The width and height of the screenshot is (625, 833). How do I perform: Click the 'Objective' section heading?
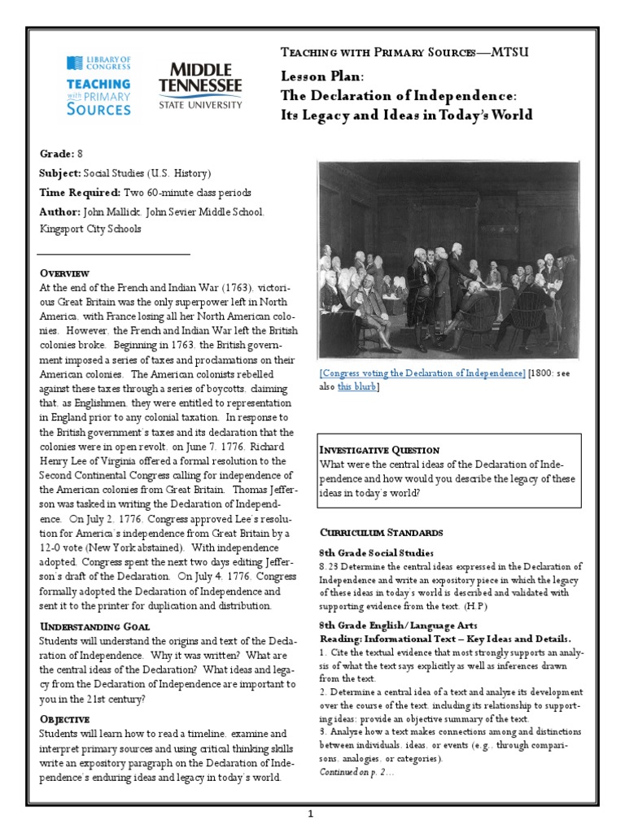pos(64,720)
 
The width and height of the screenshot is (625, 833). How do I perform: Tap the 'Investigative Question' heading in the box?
pos(379,450)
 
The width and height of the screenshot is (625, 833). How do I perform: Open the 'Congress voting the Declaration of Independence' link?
pos(422,373)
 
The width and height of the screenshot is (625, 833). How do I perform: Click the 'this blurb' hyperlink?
pos(356,387)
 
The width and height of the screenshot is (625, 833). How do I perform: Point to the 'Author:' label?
pos(60,212)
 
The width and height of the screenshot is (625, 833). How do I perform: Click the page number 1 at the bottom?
pos(310,813)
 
